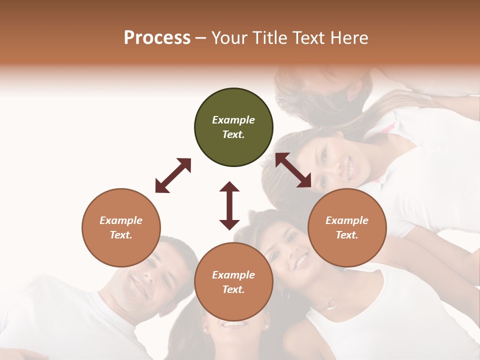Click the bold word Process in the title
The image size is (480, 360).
[157, 38]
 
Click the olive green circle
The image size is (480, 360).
[233, 127]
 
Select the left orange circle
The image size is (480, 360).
[121, 227]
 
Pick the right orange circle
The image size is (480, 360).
[347, 227]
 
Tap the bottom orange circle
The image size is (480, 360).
[233, 282]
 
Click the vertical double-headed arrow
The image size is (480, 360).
[229, 205]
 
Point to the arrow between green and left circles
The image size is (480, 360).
[173, 175]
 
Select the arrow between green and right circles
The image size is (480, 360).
[293, 170]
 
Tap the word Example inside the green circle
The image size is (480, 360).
[233, 120]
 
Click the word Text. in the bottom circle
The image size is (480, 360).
[233, 289]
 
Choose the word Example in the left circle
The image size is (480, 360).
[121, 220]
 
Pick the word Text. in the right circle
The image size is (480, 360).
[347, 235]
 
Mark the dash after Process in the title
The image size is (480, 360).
[200, 38]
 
